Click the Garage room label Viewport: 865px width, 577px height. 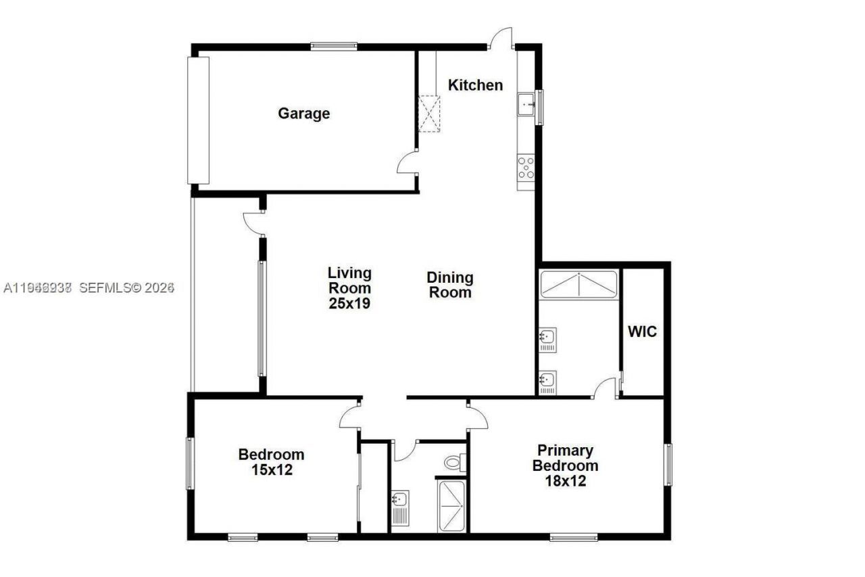coord(303,114)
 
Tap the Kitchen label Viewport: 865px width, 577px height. coord(476,85)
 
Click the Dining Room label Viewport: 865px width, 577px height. coord(449,285)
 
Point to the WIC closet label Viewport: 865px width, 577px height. coord(642,332)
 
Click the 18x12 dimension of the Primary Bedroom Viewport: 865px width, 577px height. coord(565,482)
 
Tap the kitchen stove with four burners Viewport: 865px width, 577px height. coord(526,167)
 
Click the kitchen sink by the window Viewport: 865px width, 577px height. coord(526,105)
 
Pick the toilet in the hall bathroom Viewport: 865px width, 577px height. coord(454,463)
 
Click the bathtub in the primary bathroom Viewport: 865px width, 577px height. coord(579,284)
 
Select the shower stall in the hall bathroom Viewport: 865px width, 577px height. coord(451,507)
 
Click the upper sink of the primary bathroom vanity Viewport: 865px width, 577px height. coord(547,336)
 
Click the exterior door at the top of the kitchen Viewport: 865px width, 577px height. coord(501,39)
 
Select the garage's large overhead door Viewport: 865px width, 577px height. coord(198,120)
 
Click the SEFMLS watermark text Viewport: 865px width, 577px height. coord(127,288)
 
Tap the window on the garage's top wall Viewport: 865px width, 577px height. coord(334,46)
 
